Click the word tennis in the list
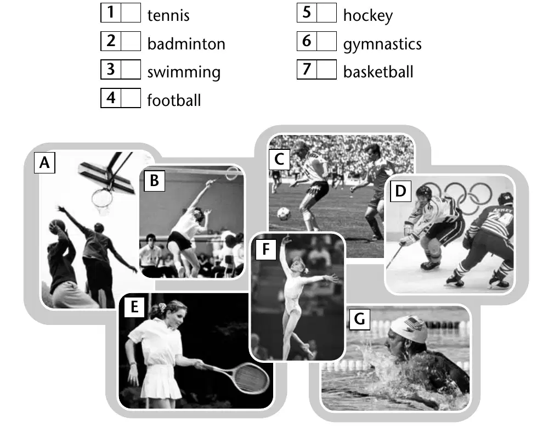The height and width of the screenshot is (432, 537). point(168,15)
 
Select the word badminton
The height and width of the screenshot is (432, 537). point(186,44)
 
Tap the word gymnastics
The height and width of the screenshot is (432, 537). point(382,44)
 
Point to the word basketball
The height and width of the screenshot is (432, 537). point(378,72)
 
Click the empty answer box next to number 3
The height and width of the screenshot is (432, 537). point(131,69)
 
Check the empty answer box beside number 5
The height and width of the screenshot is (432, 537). point(326,13)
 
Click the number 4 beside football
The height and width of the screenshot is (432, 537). point(111,98)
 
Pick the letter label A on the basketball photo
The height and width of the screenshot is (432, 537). point(44,163)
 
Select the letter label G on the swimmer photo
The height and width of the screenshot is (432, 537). point(360,319)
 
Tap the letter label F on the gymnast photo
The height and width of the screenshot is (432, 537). point(266,249)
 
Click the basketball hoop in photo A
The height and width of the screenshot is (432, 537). point(102,198)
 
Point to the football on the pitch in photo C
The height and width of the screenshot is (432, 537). point(284,214)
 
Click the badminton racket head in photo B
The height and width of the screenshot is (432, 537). point(232,173)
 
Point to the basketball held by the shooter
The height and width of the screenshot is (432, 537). point(56,227)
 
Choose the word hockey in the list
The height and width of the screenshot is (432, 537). point(368,16)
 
